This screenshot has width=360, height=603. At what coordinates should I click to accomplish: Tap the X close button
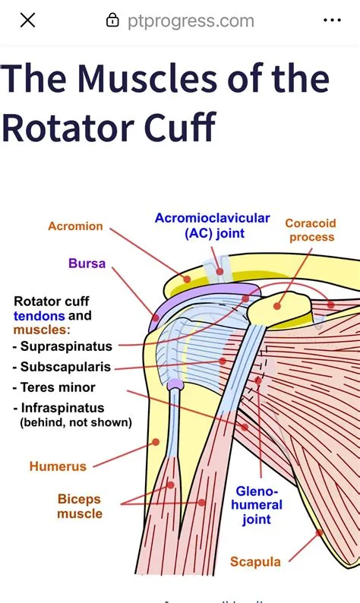click(x=27, y=21)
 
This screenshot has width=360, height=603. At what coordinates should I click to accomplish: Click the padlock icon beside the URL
click(x=112, y=21)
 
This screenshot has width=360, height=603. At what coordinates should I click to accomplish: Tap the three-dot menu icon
click(x=332, y=21)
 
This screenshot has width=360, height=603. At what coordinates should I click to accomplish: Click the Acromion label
click(x=75, y=226)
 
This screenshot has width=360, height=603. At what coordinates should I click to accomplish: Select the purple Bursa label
click(x=87, y=264)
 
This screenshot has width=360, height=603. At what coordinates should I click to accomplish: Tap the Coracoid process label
click(x=309, y=230)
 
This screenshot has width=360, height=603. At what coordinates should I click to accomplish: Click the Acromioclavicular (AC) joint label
click(x=212, y=226)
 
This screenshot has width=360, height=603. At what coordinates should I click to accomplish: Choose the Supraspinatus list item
click(x=67, y=346)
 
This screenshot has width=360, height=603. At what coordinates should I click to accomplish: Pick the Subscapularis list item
click(x=66, y=367)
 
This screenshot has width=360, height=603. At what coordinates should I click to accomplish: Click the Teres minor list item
click(x=58, y=387)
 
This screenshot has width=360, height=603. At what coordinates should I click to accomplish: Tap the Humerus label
click(x=58, y=466)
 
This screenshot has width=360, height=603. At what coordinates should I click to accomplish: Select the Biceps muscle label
click(x=79, y=507)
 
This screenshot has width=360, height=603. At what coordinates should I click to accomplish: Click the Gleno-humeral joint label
click(x=258, y=505)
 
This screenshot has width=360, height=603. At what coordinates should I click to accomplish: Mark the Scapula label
click(x=255, y=563)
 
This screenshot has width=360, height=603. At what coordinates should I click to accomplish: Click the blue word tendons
click(x=39, y=315)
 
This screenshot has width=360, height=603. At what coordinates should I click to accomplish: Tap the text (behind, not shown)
click(x=75, y=422)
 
